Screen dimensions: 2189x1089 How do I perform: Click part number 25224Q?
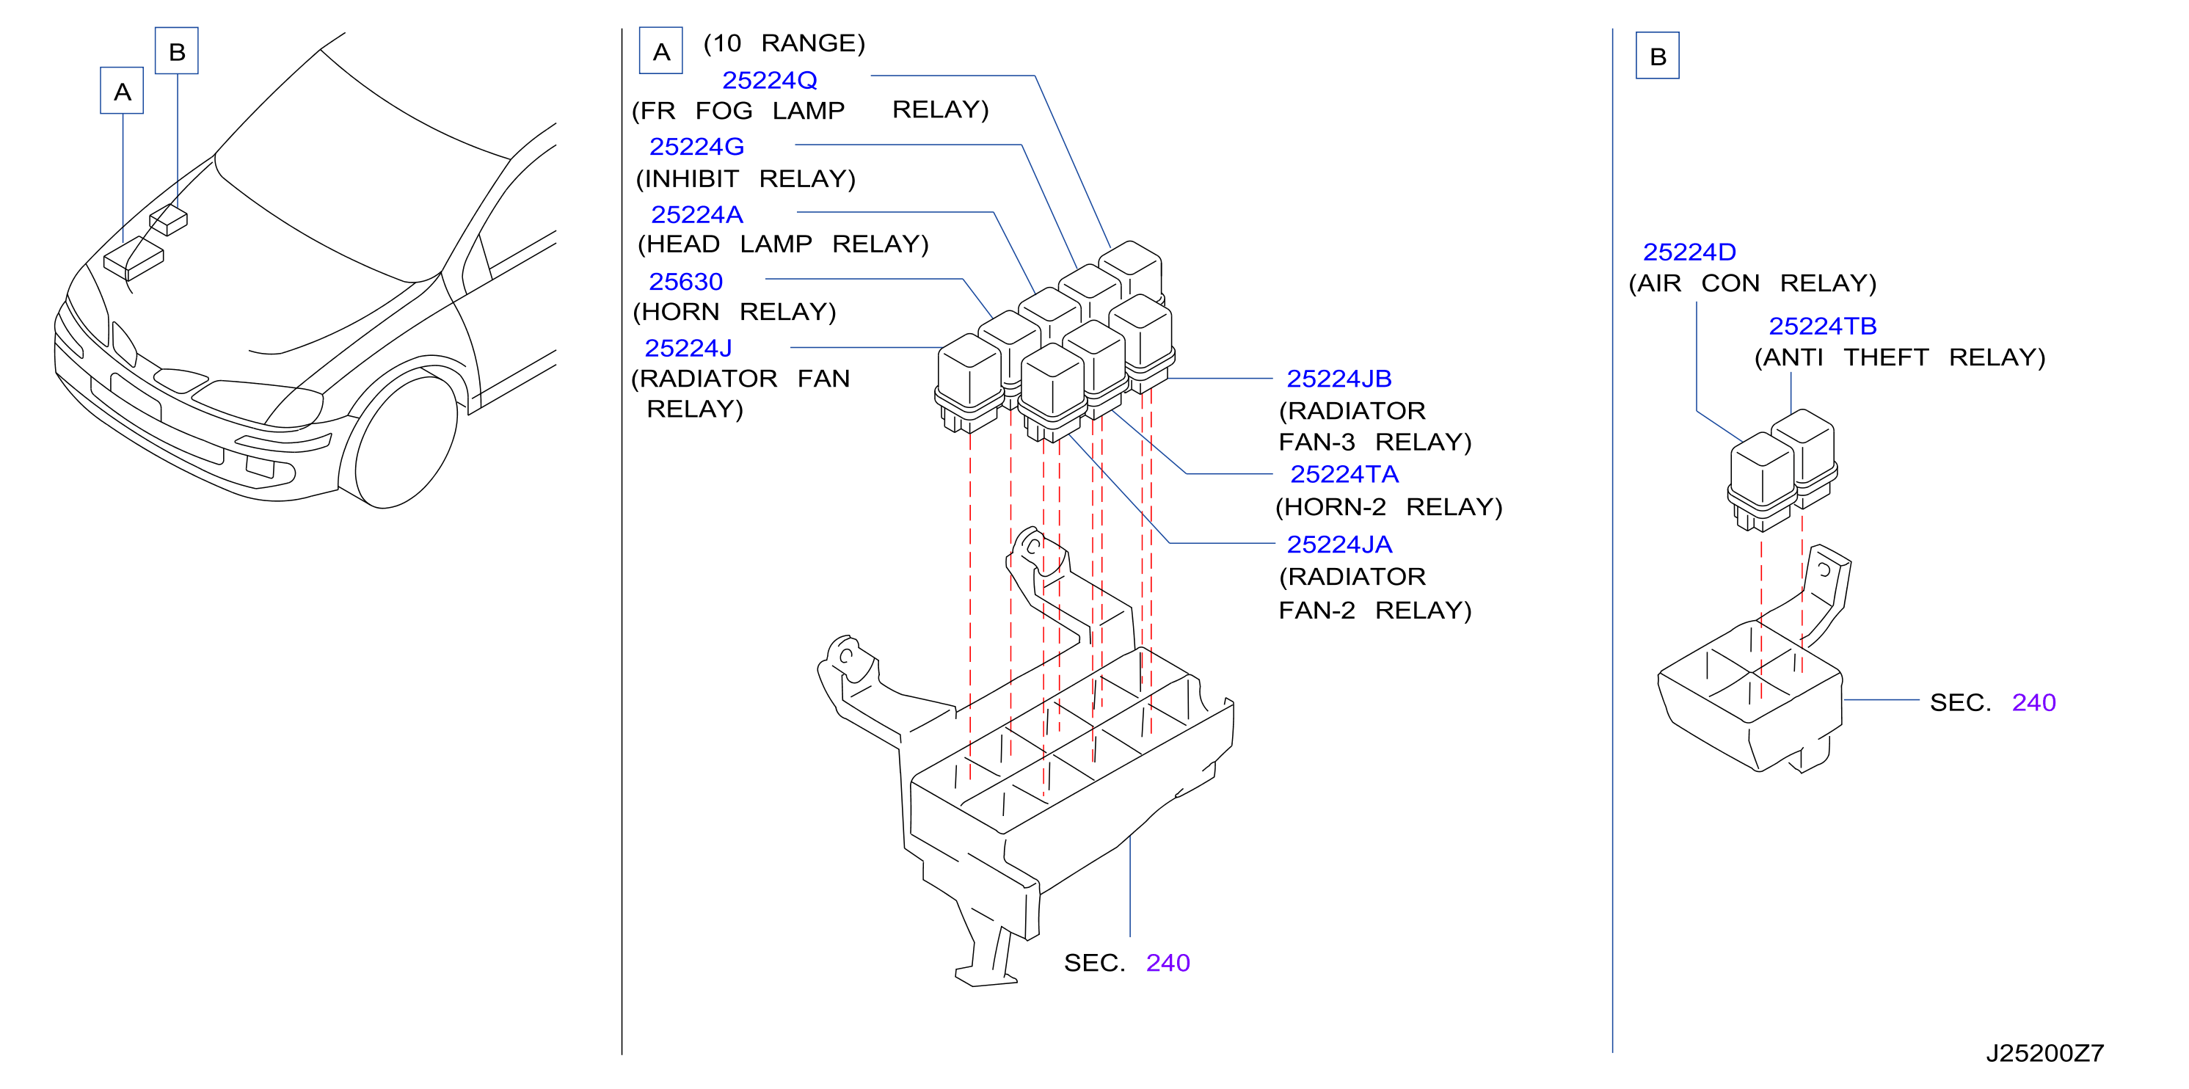click(x=769, y=80)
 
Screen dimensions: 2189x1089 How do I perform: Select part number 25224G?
click(x=697, y=147)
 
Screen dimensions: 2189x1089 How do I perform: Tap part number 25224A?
click(x=697, y=215)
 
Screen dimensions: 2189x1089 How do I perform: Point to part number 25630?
click(x=686, y=282)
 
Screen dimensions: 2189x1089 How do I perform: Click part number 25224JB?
click(x=1338, y=379)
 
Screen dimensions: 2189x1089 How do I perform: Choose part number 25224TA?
click(x=1344, y=474)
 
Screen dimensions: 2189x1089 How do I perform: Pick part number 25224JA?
click(x=1339, y=544)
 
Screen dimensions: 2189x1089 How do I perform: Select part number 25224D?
click(x=1689, y=252)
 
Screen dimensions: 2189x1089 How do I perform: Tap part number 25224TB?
click(x=1823, y=327)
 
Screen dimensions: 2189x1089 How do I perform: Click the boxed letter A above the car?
click(x=122, y=91)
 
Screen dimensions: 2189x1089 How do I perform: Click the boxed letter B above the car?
click(x=177, y=51)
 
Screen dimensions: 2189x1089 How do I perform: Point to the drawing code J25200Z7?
click(x=2044, y=1053)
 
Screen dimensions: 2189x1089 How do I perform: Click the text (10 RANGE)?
click(x=784, y=43)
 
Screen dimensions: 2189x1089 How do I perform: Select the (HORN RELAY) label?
click(x=735, y=312)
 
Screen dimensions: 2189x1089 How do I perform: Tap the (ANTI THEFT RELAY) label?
click(x=1900, y=357)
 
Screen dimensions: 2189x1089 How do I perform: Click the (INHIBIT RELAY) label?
click(x=746, y=179)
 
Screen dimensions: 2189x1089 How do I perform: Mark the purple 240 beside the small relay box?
click(x=2033, y=702)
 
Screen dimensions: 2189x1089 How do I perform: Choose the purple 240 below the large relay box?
click(x=1168, y=963)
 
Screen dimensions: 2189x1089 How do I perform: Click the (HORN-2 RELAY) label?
click(x=1388, y=507)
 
